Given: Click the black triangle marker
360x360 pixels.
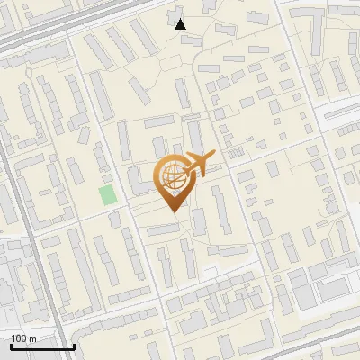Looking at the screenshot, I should click(181, 24).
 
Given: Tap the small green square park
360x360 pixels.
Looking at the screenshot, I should click(109, 194).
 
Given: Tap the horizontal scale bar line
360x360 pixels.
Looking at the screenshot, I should click(42, 346).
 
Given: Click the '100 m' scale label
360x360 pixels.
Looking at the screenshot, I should click(24, 338).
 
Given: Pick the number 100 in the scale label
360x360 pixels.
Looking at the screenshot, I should click(20, 338).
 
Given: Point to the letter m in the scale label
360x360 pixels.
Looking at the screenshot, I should click(32, 338).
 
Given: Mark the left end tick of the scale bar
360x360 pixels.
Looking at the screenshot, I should click(11, 345).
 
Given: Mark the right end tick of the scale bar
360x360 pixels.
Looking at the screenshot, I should click(74, 345).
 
